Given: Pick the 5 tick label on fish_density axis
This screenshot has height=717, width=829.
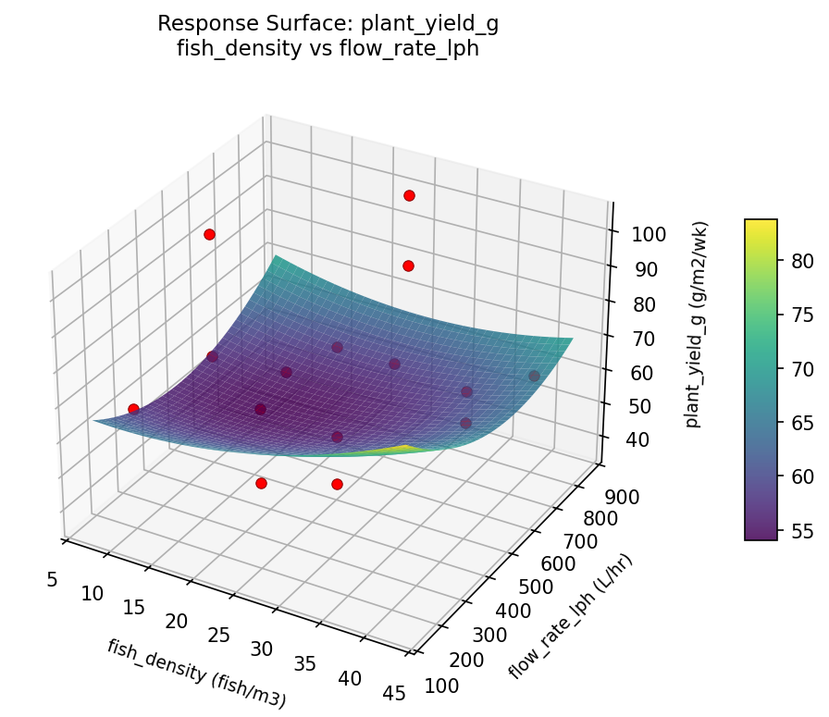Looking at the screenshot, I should point(53,579).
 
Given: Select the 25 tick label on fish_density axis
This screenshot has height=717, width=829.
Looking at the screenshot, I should point(219,636).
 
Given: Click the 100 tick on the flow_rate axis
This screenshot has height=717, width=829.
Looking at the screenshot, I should point(447,684).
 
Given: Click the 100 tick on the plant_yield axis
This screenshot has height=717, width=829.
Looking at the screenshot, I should point(650,234).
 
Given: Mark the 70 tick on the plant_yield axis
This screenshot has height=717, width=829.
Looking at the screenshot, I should point(644,338).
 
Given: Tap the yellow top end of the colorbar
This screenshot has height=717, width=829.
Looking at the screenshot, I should point(761,224).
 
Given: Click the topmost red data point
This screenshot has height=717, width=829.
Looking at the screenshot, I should point(409,195).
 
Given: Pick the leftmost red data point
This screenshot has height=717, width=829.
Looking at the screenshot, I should point(133,409).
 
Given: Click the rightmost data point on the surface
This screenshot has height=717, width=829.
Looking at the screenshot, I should point(534,376).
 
